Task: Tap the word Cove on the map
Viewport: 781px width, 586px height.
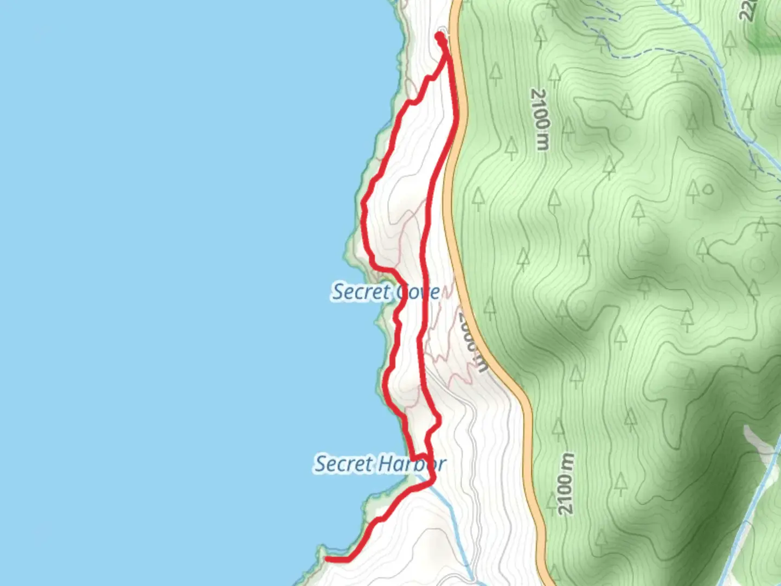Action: tap(418, 292)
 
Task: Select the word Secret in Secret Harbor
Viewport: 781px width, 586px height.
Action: tap(344, 464)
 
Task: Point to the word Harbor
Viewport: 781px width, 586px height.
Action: tap(412, 464)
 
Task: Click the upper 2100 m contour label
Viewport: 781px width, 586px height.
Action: tap(540, 119)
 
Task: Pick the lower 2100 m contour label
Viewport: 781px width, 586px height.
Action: tap(566, 483)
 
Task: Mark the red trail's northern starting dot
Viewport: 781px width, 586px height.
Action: tap(439, 36)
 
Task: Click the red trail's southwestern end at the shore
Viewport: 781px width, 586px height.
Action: tap(328, 558)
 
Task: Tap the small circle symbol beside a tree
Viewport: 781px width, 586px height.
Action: tap(707, 190)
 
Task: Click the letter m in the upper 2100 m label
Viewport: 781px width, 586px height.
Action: tap(541, 140)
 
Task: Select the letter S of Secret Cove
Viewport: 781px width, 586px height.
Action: tap(339, 292)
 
